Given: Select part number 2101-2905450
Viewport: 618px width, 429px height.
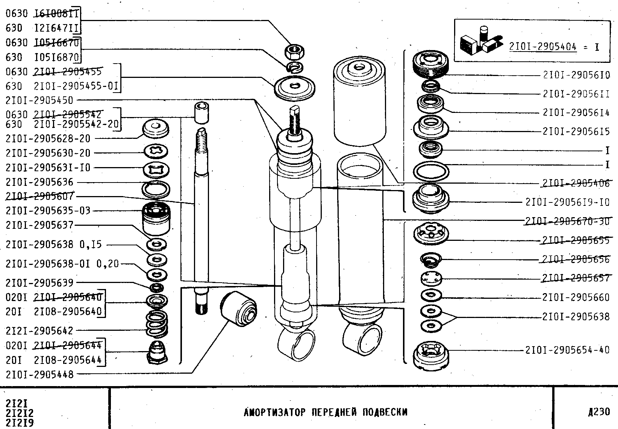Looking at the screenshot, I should click(x=39, y=100).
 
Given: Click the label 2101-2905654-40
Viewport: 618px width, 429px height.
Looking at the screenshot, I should click(x=567, y=350).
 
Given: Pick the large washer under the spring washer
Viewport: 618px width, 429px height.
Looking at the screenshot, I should click(x=295, y=87).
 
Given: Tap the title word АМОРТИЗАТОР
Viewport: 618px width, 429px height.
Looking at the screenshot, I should click(x=274, y=412).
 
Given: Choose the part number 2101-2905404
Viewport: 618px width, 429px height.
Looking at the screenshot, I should click(x=543, y=47).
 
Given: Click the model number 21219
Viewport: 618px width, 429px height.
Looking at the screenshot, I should click(x=20, y=423).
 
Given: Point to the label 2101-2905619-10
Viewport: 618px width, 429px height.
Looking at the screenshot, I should click(x=567, y=202).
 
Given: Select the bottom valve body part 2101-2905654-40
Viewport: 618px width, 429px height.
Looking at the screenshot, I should click(x=430, y=355).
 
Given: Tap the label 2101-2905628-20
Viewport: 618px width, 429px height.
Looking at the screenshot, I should click(x=48, y=138).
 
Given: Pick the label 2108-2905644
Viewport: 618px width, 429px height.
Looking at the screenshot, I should click(x=68, y=360).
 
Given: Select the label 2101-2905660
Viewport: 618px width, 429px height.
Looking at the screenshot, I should click(x=576, y=298).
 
